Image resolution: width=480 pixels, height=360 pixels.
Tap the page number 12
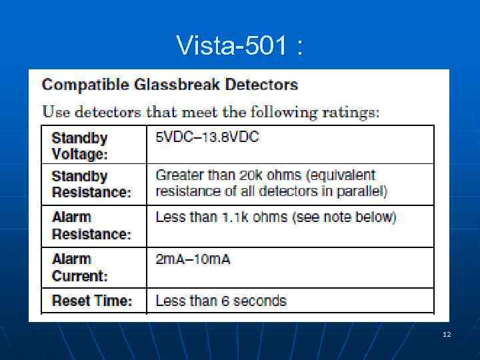tap(446, 333)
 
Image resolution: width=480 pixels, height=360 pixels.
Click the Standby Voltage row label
tap(79, 146)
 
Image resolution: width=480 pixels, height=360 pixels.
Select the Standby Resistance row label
tap(91, 184)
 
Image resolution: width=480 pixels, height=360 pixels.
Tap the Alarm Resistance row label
tap(91, 225)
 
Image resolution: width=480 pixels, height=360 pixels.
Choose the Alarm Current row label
tap(79, 267)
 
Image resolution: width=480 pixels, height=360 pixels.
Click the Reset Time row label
tap(92, 301)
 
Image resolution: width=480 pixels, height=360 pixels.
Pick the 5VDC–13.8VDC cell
tap(207, 138)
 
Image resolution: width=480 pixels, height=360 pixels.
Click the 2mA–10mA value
tap(193, 259)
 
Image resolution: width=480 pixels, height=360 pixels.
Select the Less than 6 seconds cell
tap(221, 301)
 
